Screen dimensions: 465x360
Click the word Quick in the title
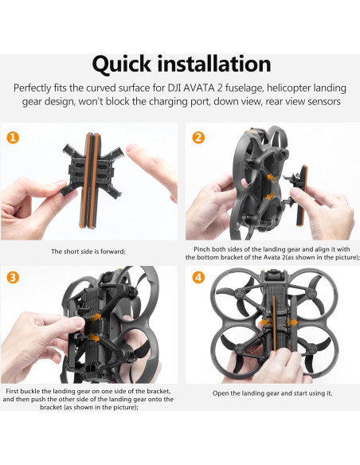pyautogui.click(x=128, y=63)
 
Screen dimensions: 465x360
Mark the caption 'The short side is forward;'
pyautogui.click(x=88, y=252)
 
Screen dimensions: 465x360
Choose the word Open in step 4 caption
pyautogui.click(x=224, y=393)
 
